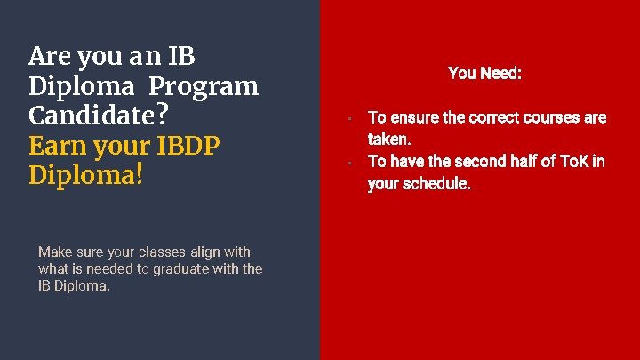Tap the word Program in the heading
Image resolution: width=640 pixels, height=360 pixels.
[204, 86]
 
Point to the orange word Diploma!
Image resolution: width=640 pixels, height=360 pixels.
[85, 174]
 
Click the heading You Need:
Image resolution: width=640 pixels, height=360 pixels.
[484, 73]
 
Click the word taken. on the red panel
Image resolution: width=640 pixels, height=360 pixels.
[389, 139]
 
